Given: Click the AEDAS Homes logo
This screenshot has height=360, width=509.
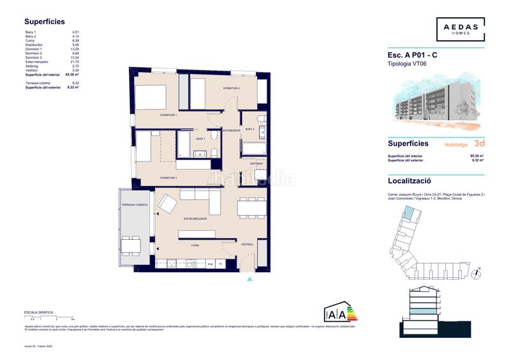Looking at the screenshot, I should (460, 29).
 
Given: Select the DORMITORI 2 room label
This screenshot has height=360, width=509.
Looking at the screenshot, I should (230, 88).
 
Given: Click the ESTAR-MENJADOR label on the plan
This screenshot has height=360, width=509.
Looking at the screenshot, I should (195, 219).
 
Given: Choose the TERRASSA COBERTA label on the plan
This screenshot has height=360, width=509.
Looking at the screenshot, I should (135, 205).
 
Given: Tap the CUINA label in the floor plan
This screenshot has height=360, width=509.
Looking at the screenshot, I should (196, 244).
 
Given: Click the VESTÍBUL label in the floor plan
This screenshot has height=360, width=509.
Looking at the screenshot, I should (247, 244).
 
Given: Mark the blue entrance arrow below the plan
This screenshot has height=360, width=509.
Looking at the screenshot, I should (249, 278).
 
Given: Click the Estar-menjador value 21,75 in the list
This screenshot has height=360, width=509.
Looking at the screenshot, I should (75, 62).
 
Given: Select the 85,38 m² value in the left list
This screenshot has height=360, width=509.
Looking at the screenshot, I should (72, 74).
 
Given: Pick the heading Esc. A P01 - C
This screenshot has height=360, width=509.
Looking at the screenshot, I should (412, 55).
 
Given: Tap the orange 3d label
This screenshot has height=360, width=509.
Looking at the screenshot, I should (479, 144).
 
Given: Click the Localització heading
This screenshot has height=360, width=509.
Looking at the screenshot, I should (411, 180).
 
